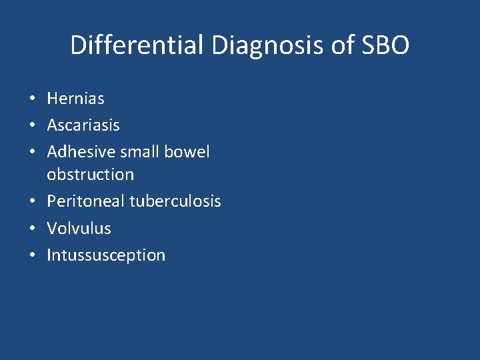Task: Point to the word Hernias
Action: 75,99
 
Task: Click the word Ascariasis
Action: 83,125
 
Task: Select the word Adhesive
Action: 81,151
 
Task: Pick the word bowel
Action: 187,151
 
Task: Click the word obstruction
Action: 90,175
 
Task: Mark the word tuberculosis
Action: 175,201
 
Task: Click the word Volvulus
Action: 79,228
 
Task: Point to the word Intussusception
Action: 106,255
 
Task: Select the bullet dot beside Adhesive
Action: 32,153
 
